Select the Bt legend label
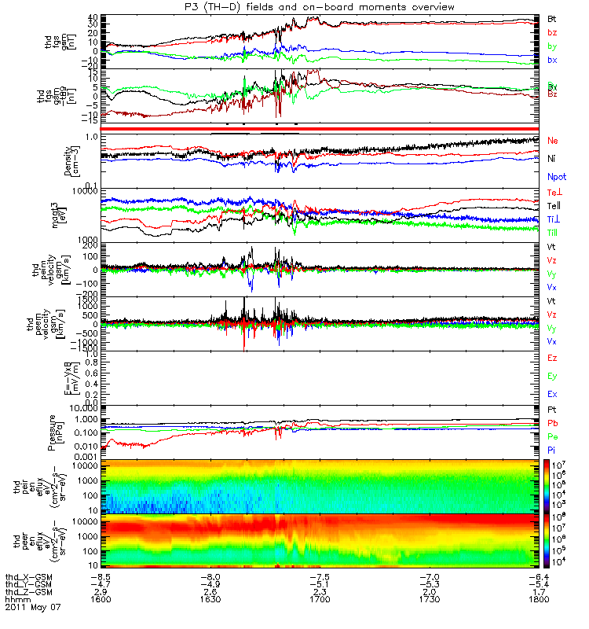(x=552, y=17)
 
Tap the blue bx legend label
(x=552, y=60)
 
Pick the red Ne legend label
(x=554, y=141)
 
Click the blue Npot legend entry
(x=557, y=177)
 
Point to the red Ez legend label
(x=552, y=358)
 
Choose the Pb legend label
(x=553, y=423)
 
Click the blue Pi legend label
(x=552, y=449)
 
